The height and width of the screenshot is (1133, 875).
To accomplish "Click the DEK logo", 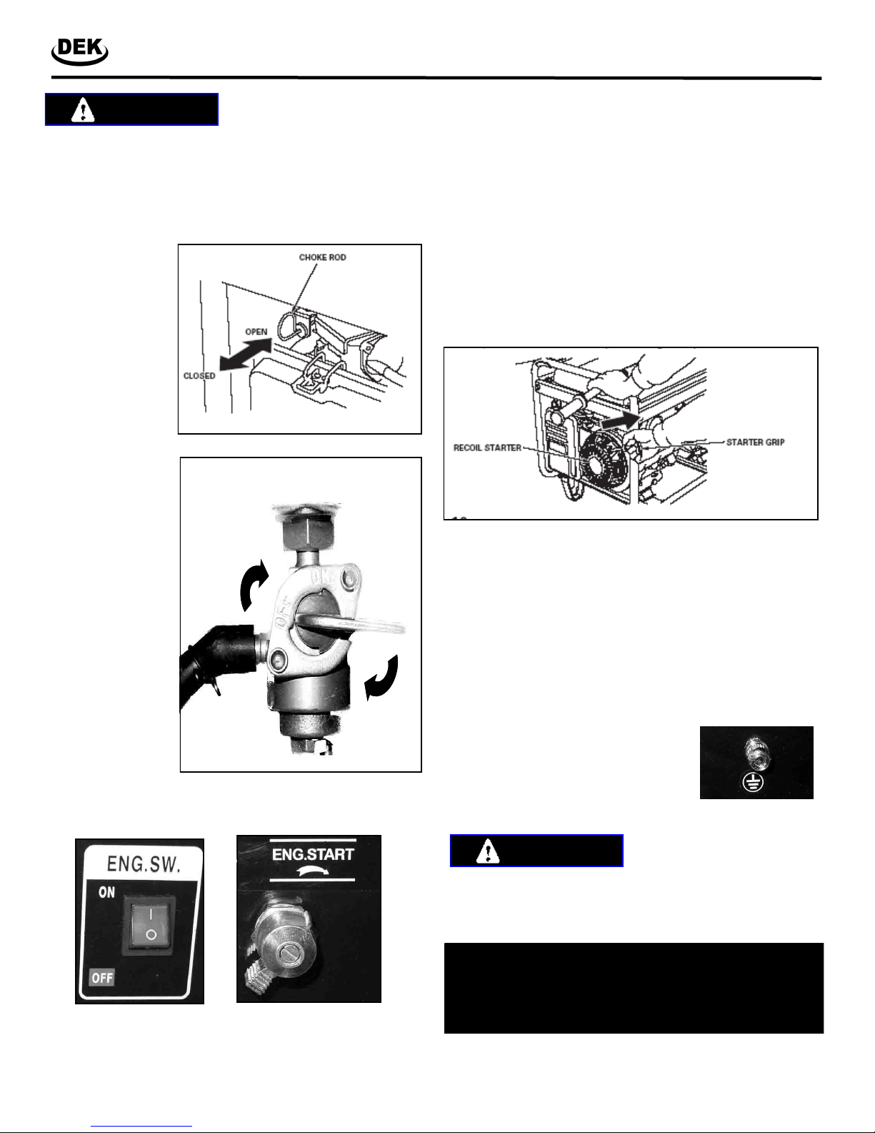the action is coord(80,51).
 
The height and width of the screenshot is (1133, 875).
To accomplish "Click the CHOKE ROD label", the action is coord(322,257).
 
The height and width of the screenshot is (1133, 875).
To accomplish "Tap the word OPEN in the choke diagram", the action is coord(256,332).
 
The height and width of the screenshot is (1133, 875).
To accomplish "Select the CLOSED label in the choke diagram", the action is coord(199,375).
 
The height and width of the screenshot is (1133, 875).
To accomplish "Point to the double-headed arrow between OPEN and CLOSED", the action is coord(245,354).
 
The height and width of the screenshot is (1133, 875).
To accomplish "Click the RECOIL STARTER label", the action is coord(487,447).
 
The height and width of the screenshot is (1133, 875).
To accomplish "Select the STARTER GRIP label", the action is coord(755,442).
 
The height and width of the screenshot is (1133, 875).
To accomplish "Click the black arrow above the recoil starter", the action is coord(620,420).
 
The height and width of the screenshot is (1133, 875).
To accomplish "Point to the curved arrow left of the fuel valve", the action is coord(254,585).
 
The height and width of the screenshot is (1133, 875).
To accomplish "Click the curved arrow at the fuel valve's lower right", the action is coord(381,677).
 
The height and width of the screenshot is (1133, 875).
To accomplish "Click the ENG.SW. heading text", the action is coord(144,864).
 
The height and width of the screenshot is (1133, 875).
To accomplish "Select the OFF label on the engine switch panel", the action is coord(102,978).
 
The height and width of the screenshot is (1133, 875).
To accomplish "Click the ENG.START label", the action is coord(313,854).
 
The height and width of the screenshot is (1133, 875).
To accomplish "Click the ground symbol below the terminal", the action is coord(753,783).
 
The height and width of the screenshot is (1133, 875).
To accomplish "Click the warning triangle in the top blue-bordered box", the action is coord(83,110).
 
